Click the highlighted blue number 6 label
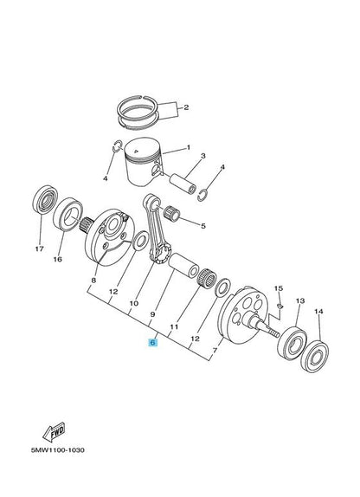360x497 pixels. [x=152, y=342]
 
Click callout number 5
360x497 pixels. [x=203, y=226]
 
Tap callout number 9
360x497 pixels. [x=153, y=316]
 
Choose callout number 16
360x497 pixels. [x=59, y=259]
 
